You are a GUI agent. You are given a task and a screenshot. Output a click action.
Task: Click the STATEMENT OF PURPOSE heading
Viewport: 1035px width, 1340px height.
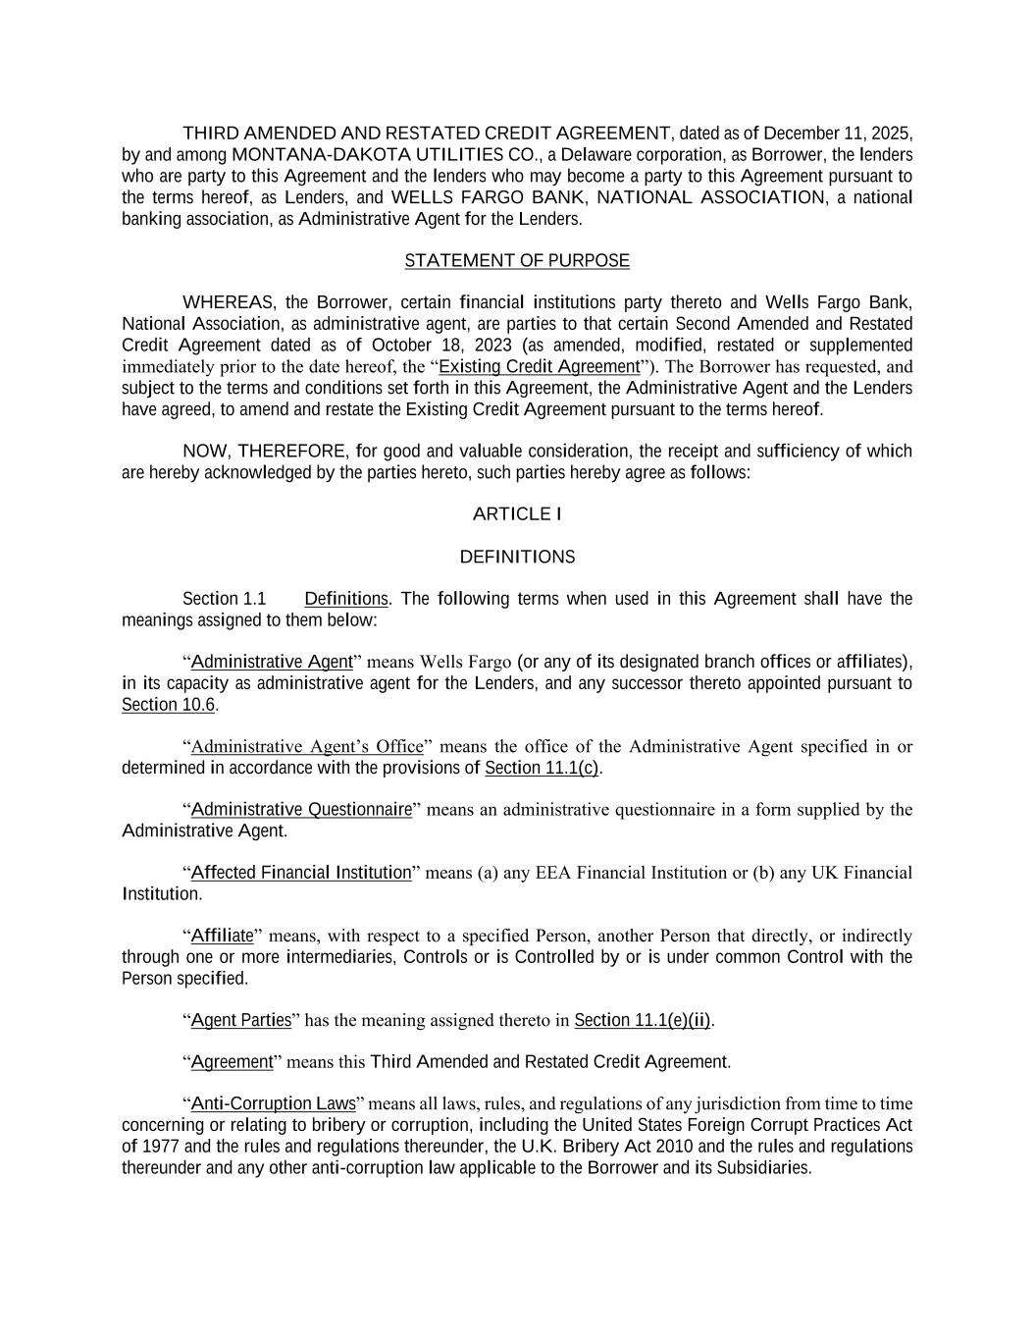(x=517, y=261)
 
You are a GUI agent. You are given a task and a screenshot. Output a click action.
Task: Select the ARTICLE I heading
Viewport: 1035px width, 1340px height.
(x=517, y=514)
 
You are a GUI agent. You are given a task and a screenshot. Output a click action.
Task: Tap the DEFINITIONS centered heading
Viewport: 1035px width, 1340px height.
(x=517, y=558)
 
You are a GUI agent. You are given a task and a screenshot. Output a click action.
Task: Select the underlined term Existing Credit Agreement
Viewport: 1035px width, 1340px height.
(x=539, y=367)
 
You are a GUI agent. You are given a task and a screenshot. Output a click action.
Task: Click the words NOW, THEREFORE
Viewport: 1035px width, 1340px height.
(x=265, y=452)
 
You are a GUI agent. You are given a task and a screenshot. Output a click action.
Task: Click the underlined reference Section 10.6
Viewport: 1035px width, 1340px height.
(x=168, y=705)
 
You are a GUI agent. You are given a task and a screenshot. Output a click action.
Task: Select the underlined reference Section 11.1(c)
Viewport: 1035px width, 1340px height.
(x=542, y=768)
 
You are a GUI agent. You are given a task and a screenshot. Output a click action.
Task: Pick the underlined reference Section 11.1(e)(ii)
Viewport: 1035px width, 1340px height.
(x=643, y=1021)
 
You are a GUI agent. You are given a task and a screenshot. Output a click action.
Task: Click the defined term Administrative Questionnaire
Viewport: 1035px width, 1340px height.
(x=301, y=810)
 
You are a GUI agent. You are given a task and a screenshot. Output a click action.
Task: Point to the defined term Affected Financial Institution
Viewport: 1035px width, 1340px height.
(x=301, y=873)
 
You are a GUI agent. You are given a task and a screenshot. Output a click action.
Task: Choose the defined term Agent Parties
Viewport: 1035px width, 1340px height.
(x=241, y=1021)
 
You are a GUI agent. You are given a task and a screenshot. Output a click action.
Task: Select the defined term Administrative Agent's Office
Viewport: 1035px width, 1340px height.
(x=307, y=747)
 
